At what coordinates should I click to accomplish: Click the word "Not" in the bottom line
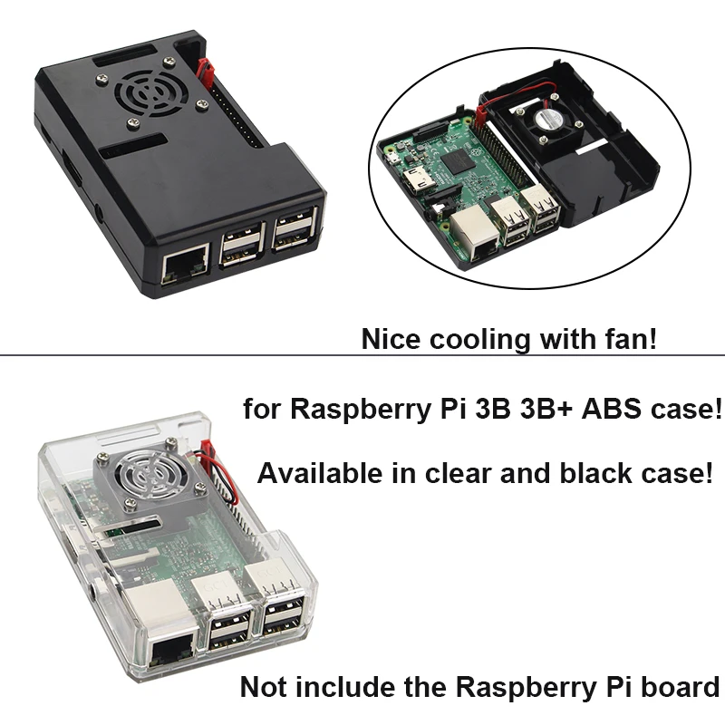264,687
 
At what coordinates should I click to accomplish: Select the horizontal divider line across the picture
362,355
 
